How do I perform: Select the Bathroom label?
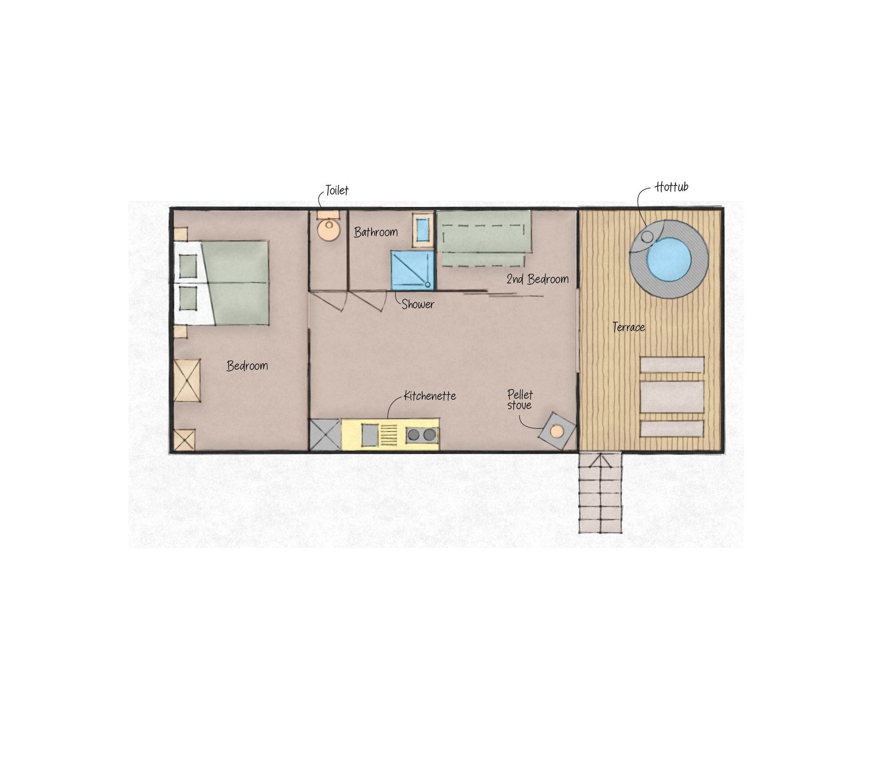pyautogui.click(x=376, y=232)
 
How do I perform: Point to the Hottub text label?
pyautogui.click(x=671, y=186)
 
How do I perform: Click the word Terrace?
pyautogui.click(x=628, y=327)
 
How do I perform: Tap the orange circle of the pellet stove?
pyautogui.click(x=556, y=431)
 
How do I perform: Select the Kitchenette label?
pyautogui.click(x=430, y=395)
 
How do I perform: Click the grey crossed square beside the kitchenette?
pyautogui.click(x=325, y=435)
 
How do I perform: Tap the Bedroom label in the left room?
pyautogui.click(x=247, y=365)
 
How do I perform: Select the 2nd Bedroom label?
pyautogui.click(x=538, y=279)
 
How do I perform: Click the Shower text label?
pyautogui.click(x=418, y=304)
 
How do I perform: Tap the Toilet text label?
pyautogui.click(x=337, y=190)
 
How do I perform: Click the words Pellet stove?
pyautogui.click(x=520, y=400)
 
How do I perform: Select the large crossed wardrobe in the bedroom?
pyautogui.click(x=187, y=380)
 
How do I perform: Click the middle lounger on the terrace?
pyautogui.click(x=672, y=397)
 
